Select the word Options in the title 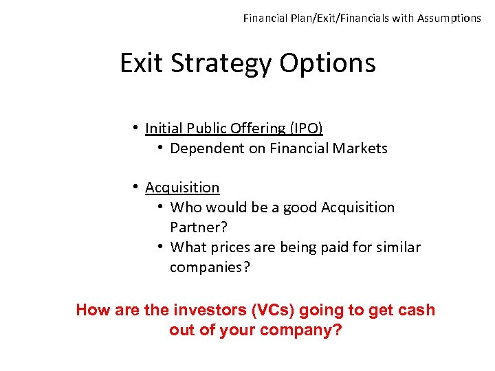click(x=329, y=64)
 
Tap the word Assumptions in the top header click(x=449, y=19)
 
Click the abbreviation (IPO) click(x=300, y=128)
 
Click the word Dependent click(x=206, y=148)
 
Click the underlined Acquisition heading click(x=182, y=188)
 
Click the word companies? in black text click(x=210, y=267)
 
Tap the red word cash click(x=416, y=310)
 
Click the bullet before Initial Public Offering click(x=137, y=128)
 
